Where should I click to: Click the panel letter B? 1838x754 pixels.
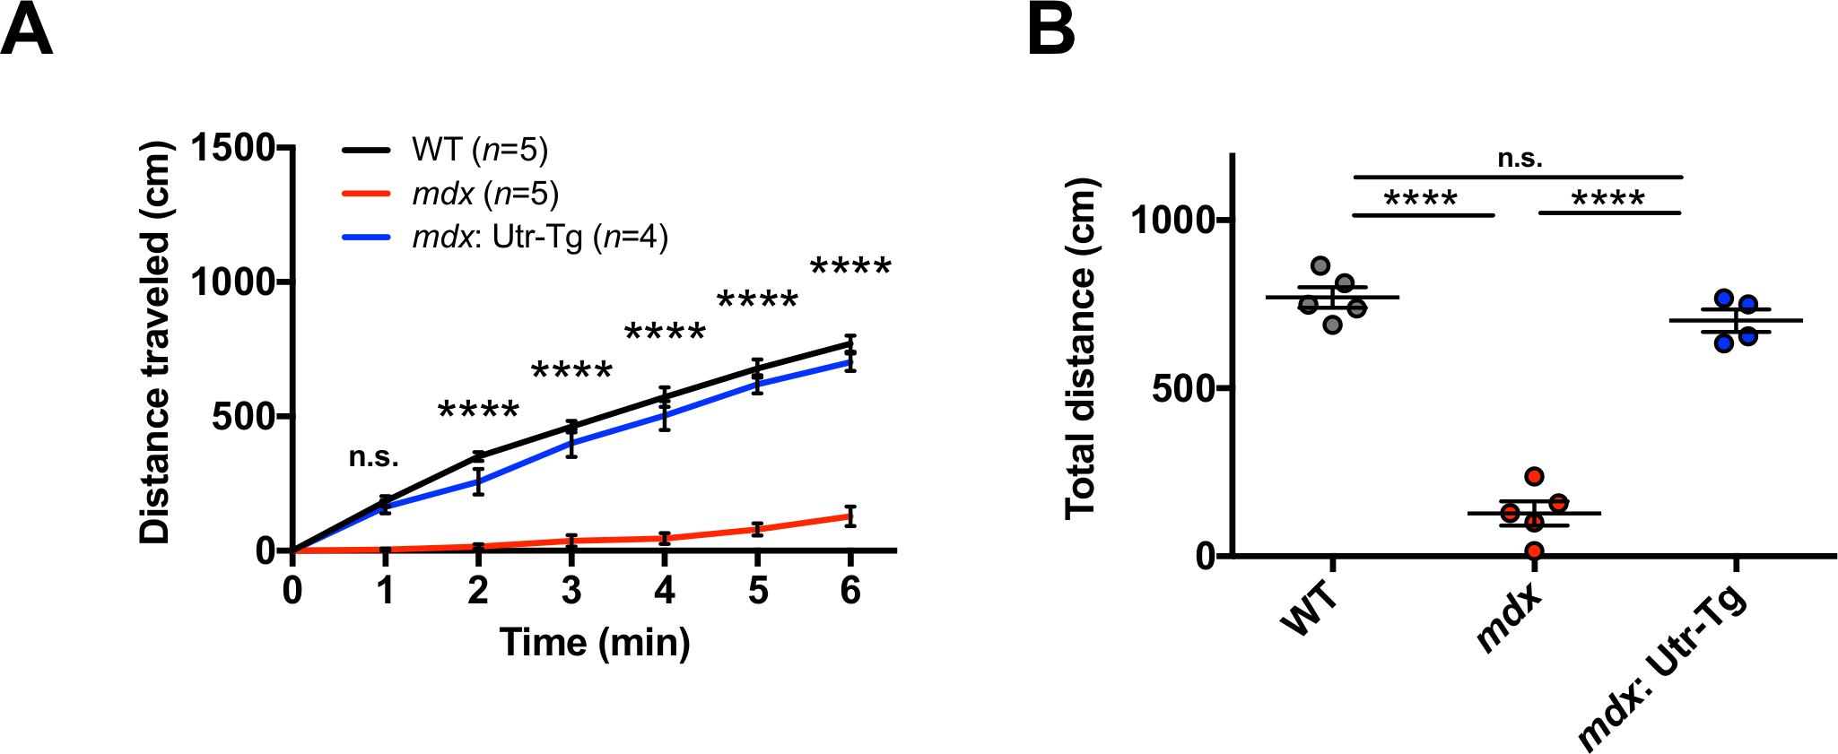pyautogui.click(x=1050, y=31)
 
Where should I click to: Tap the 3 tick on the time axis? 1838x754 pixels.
pyautogui.click(x=571, y=590)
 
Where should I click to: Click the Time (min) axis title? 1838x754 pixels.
pyautogui.click(x=595, y=642)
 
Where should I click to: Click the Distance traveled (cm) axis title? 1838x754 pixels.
pyautogui.click(x=154, y=343)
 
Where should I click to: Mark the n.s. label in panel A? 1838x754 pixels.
pyautogui.click(x=373, y=457)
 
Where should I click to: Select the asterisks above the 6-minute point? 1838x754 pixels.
pyautogui.click(x=850, y=268)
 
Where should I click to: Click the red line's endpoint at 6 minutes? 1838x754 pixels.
pyautogui.click(x=850, y=516)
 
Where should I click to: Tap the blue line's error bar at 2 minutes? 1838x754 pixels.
pyautogui.click(x=479, y=481)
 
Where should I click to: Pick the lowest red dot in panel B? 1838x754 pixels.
pyautogui.click(x=1534, y=550)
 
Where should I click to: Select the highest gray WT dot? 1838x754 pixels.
pyautogui.click(x=1320, y=265)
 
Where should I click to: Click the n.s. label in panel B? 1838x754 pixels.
pyautogui.click(x=1520, y=160)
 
